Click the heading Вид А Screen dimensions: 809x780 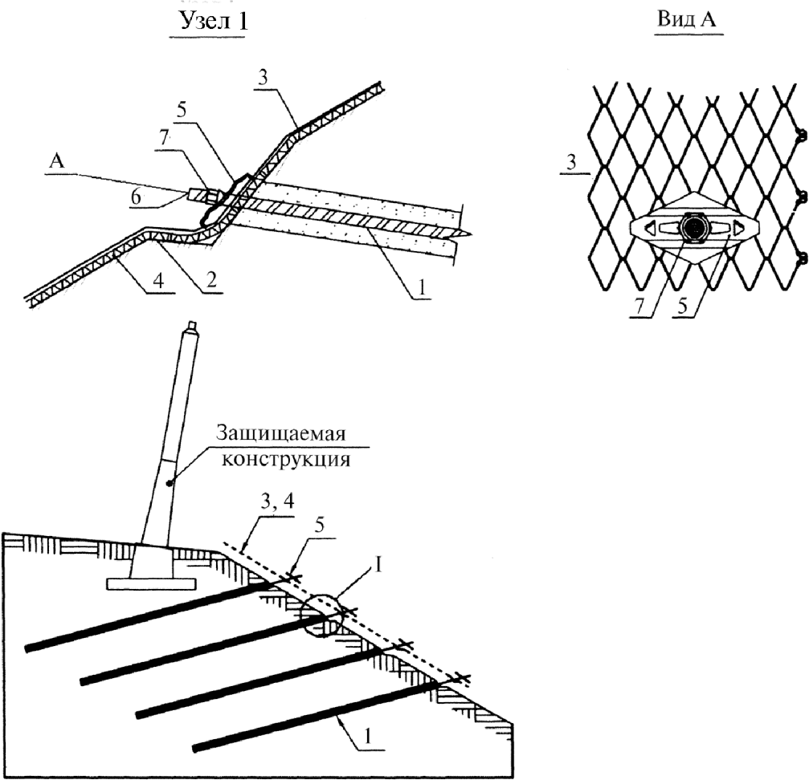[688, 19]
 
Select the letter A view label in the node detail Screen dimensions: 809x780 [56, 161]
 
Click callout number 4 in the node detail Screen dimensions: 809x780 [159, 281]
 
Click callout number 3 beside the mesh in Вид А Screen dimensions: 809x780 [570, 164]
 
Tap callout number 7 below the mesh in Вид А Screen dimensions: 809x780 [639, 306]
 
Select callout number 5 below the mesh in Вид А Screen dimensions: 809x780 [683, 306]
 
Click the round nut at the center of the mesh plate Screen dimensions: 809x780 [694, 226]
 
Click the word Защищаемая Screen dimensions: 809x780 [280, 434]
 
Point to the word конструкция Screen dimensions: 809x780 [286, 460]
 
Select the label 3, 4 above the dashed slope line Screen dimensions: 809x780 [277, 502]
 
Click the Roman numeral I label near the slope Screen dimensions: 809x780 [378, 565]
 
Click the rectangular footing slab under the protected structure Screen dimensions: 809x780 [151, 583]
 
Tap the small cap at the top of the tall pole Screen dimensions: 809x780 [192, 326]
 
